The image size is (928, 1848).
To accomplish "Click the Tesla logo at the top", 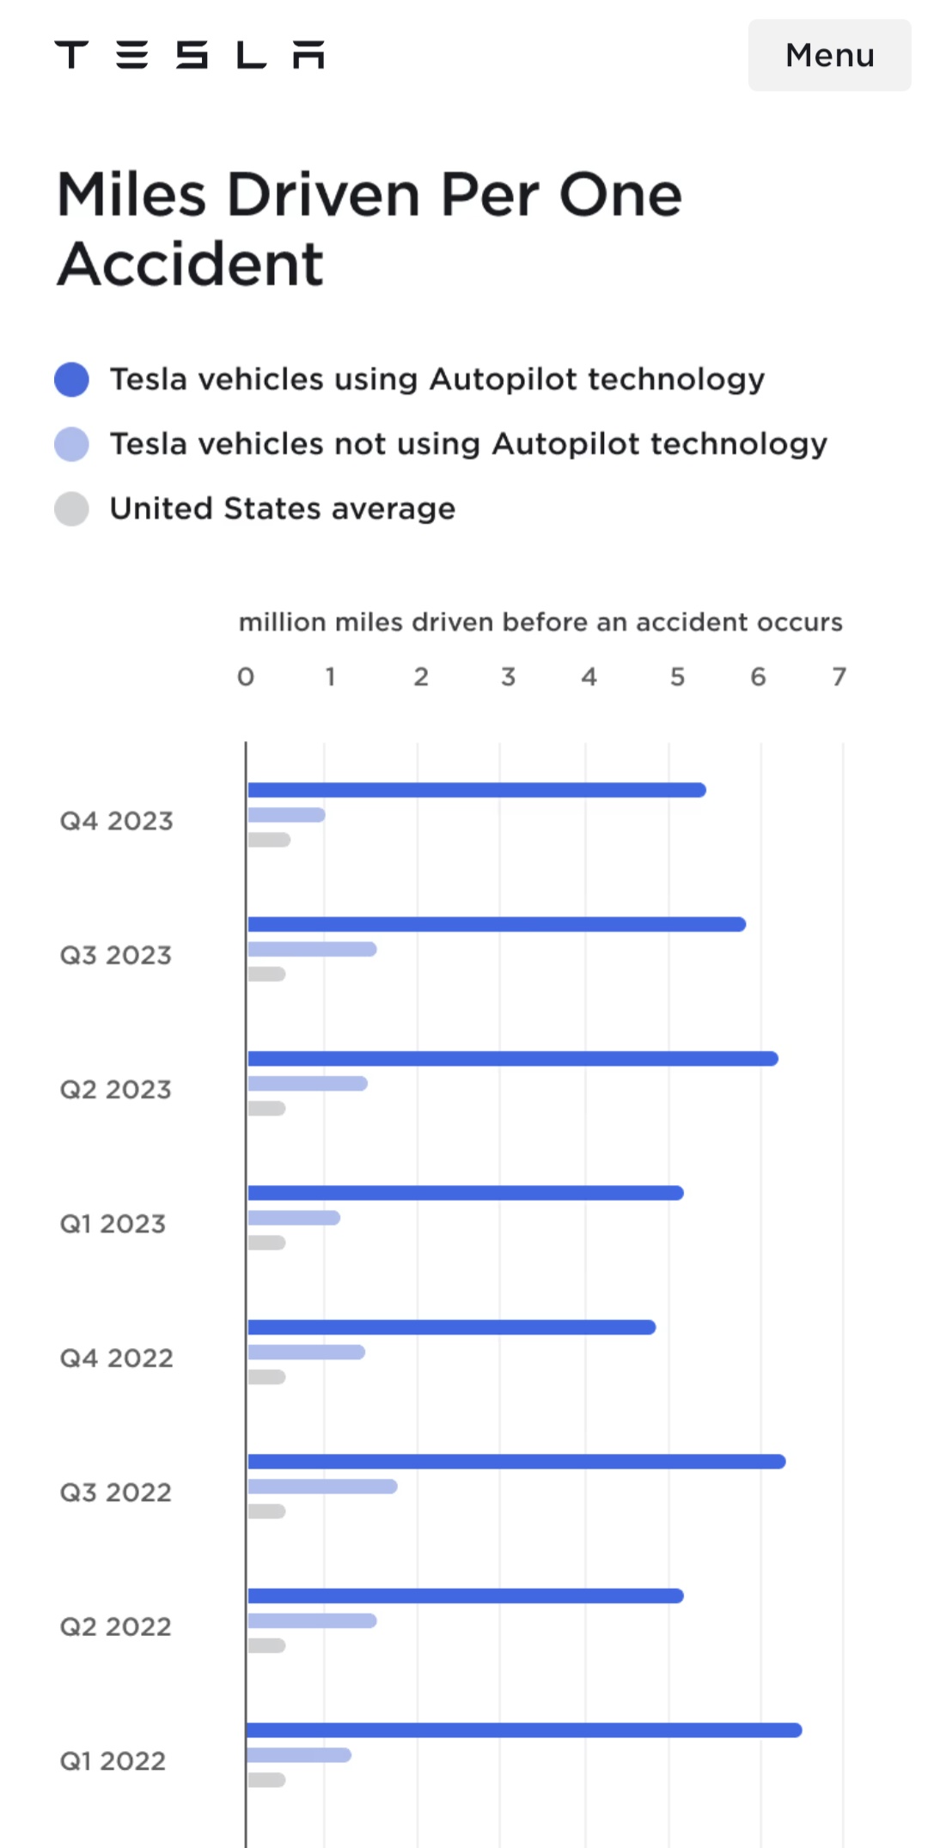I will pos(190,55).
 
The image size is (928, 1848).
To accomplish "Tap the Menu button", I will pos(829,55).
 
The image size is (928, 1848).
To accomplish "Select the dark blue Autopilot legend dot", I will pos(71,380).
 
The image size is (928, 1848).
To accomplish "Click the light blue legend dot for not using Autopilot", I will pos(71,444).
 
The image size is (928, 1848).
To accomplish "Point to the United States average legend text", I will pos(282,508).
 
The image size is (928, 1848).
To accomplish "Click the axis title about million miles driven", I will pos(540,622).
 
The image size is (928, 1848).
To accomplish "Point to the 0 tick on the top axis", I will pos(246,677).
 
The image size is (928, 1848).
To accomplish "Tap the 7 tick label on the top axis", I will pos(839,677).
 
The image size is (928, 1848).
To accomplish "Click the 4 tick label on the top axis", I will pos(589,677).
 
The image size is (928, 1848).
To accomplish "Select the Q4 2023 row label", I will pos(116,821).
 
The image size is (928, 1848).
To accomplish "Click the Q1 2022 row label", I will pos(113,1761).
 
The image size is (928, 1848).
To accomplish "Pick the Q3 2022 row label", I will pos(115,1492).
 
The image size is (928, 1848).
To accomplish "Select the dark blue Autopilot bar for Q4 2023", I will pos(477,790).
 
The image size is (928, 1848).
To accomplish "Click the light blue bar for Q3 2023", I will pos(312,949).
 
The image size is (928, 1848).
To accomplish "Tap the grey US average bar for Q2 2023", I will pos(266,1109).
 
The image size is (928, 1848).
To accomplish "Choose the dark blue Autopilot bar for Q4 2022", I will pos(452,1328).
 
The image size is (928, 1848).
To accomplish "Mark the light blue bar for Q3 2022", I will pos(322,1486).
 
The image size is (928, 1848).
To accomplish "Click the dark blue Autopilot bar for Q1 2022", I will pos(524,1730).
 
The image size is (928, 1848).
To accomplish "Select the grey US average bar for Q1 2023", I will pos(266,1243).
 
